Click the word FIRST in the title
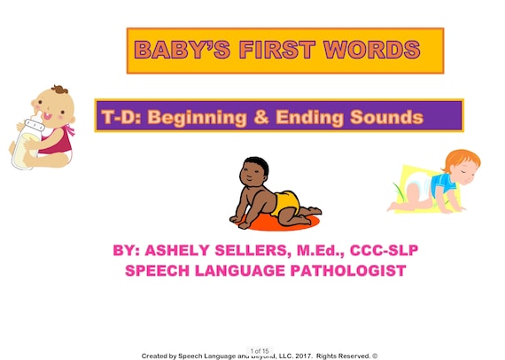pos(276,50)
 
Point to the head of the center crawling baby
pos(256,173)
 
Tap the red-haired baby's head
pos(459,166)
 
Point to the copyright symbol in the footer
pos(375,356)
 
